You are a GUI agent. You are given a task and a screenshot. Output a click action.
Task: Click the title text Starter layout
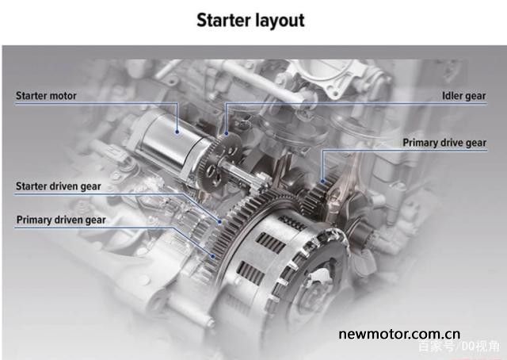click(250, 21)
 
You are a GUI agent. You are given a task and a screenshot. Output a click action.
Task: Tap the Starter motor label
click(46, 96)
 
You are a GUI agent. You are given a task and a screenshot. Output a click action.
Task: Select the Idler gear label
click(463, 96)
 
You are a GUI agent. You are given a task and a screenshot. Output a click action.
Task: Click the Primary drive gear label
click(444, 143)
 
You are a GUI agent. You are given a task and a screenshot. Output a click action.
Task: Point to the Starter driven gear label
click(59, 186)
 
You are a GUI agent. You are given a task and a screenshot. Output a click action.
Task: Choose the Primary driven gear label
click(61, 220)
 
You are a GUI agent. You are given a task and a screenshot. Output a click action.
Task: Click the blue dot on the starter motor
click(177, 132)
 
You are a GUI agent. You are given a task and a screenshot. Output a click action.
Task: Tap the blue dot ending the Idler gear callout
click(227, 133)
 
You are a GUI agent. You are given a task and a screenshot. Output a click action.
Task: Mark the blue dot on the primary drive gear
click(322, 182)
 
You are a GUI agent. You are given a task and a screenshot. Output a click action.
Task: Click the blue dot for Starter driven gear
click(219, 222)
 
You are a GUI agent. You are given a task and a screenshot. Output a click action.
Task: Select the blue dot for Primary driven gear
click(213, 256)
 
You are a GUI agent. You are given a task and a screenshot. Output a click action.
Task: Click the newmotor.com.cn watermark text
click(399, 334)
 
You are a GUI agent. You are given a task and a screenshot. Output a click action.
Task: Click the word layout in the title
click(279, 21)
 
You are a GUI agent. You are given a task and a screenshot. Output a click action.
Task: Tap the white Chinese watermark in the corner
click(459, 347)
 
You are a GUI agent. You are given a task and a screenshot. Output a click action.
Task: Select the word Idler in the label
click(451, 96)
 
